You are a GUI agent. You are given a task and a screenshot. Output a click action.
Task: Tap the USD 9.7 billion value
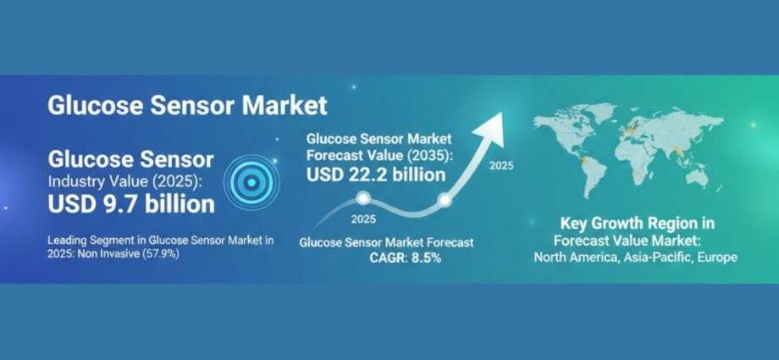[x=131, y=204]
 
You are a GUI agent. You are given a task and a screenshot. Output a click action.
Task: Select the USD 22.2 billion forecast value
[x=376, y=175]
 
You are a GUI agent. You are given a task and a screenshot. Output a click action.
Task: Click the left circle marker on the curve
[x=363, y=199]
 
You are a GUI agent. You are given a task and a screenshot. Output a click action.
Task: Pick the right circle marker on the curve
[x=444, y=200]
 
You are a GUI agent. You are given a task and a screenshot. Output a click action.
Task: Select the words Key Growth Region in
[x=638, y=224]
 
